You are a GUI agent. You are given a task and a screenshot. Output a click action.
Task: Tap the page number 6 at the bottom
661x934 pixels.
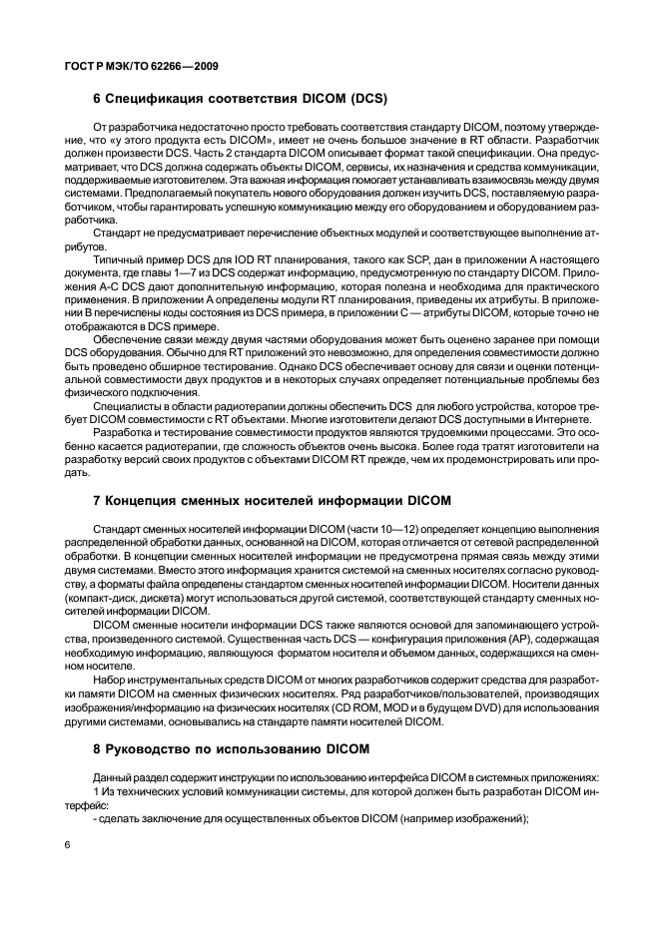point(68,844)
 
